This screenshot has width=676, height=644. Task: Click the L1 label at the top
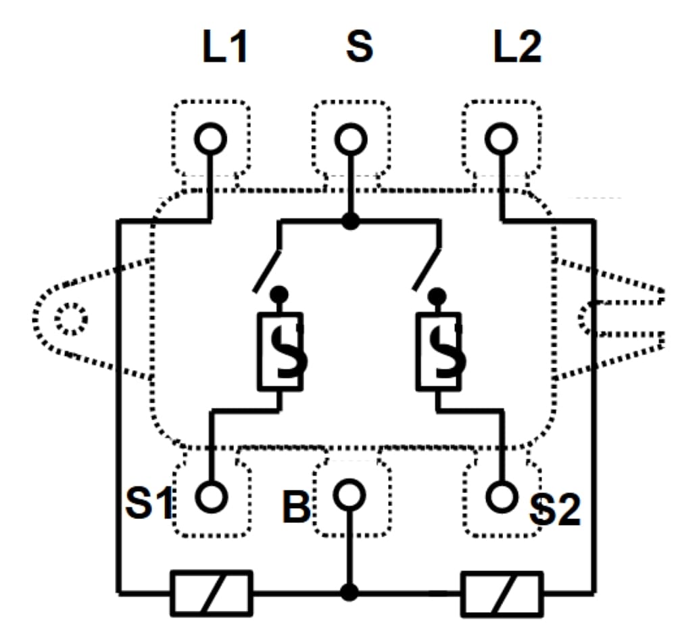tap(225, 48)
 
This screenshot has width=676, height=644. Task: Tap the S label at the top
tap(359, 48)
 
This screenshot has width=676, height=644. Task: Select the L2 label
tap(517, 48)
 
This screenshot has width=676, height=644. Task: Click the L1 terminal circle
tap(210, 139)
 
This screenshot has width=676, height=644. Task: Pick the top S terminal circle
tap(350, 140)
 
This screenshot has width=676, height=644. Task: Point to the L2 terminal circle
tap(501, 139)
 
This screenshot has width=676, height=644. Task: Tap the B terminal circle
tap(349, 495)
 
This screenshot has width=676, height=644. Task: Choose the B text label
tap(296, 507)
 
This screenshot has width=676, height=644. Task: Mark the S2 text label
tap(555, 511)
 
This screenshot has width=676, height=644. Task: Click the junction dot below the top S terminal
tap(349, 221)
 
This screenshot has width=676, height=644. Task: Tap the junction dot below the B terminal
tap(349, 593)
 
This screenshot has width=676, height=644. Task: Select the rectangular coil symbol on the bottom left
tap(211, 593)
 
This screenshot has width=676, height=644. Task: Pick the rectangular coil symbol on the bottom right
tap(501, 593)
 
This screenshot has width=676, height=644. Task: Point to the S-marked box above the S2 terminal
tap(438, 350)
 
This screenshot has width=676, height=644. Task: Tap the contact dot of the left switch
tap(279, 295)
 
